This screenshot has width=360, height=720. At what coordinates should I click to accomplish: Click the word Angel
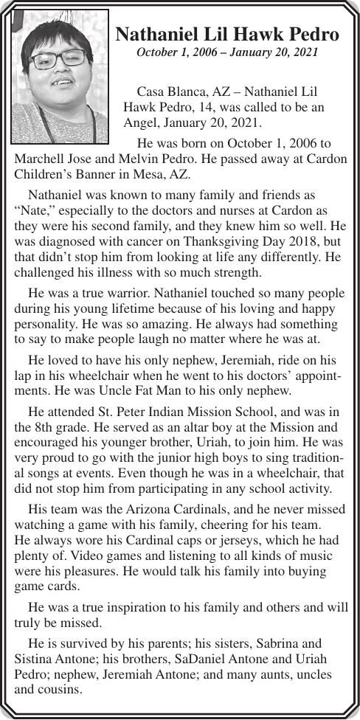[x=141, y=123]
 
